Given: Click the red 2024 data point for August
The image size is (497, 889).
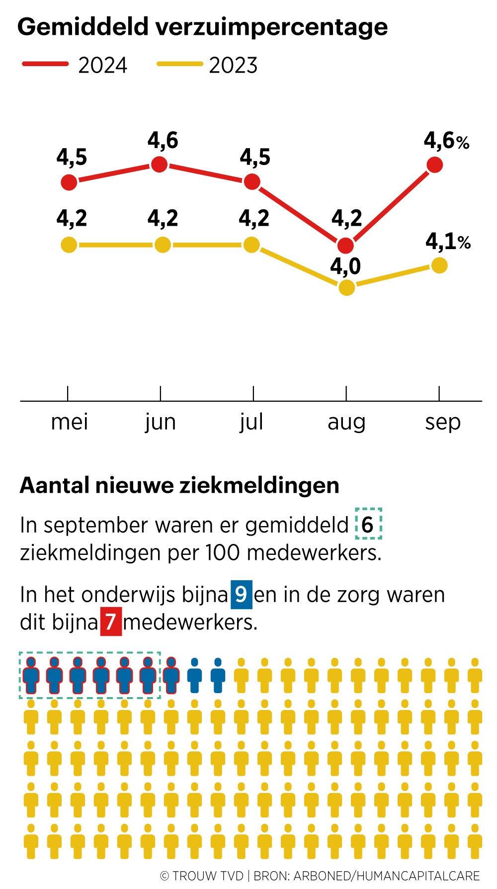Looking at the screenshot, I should pos(345,245).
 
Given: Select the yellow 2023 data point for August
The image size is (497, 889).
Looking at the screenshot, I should pos(346,287).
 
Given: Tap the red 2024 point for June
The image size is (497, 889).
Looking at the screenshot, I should pos(159,164).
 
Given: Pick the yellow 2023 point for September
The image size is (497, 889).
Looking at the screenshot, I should pos(439,265).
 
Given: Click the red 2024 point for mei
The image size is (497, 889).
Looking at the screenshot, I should pos(69,182).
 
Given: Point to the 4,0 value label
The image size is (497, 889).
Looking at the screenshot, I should pos(345,267).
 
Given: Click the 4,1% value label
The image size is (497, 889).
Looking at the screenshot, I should pos(448,242).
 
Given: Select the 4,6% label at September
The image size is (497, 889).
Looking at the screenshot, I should pos(446,141).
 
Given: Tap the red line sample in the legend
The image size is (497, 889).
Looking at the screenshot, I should pos(45,64).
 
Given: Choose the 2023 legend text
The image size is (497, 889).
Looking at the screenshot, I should pos(233,66).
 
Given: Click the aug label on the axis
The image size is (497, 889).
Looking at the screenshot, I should pos(346,423).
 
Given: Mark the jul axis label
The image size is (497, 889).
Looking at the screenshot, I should pos(251,423).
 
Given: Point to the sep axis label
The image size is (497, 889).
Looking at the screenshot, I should pos(442,423).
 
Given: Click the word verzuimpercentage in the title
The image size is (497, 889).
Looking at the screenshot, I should pos(272,27).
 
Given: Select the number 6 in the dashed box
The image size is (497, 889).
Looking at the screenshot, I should pos(368,525).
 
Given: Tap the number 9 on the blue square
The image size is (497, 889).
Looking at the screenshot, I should pos(241,594).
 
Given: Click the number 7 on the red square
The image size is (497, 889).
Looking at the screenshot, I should pos(111,622).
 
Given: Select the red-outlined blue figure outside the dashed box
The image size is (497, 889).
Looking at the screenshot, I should pos(171,675).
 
